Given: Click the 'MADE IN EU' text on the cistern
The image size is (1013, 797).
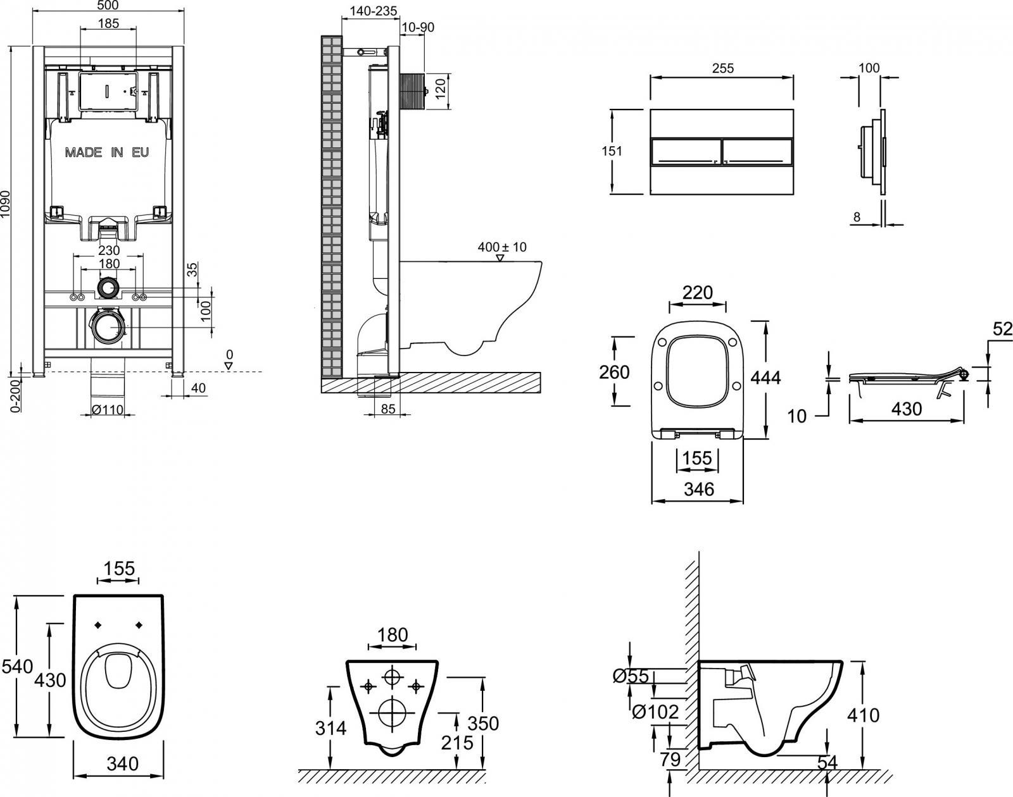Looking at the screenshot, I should tap(107, 152).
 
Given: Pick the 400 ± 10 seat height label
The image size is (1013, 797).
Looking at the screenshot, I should tap(501, 247).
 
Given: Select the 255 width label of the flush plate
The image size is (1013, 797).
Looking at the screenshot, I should tap(722, 68).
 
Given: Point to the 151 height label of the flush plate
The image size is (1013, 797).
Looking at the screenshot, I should tap(612, 151).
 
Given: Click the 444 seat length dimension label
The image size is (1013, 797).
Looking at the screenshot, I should tap(765, 378).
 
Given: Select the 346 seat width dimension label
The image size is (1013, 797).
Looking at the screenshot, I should tap(699, 489).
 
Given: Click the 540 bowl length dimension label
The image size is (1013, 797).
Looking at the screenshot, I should tap(17, 665).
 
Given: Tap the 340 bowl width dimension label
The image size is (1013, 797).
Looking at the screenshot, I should tap(122, 763).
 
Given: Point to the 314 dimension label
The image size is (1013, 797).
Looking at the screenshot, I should tap(330, 728).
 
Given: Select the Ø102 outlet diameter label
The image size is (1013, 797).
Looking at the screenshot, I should tap(656, 712).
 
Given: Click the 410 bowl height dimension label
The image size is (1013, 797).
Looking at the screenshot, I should tap(863, 715).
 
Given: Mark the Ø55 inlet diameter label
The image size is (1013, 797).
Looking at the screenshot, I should tap(631, 677).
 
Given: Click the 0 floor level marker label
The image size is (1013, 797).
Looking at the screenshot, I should tap(230, 354).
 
